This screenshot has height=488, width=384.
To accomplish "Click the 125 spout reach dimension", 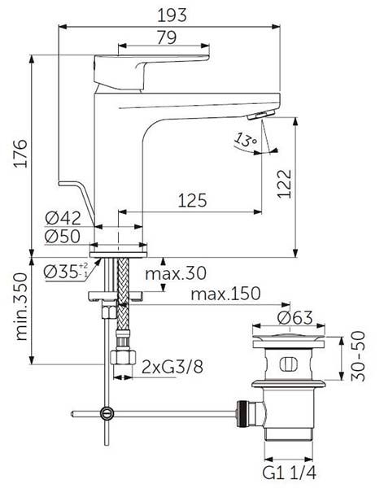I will coord(190,199).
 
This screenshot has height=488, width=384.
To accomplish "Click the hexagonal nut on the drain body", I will coord(244,412).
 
